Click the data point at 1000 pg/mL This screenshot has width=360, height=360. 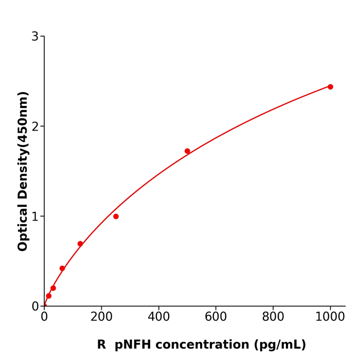click(330, 87)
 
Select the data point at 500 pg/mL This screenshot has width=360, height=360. click(187, 151)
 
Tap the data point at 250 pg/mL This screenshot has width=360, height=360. click(116, 217)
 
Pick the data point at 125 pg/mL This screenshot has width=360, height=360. click(80, 244)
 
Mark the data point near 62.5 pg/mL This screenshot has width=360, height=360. click(62, 268)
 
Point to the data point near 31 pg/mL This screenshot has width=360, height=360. click(53, 288)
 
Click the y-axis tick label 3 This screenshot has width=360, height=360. click(35, 37)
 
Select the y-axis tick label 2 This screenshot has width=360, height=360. click(35, 127)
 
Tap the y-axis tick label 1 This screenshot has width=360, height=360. click(35, 217)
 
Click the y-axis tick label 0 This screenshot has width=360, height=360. click(35, 307)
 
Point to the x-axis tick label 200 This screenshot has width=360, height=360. click(101, 317)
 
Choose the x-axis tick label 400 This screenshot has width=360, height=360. click(158, 317)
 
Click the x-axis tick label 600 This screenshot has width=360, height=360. click(215, 317)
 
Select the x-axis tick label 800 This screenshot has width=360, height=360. click(273, 317)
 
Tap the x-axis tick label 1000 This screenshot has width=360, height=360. click(330, 317)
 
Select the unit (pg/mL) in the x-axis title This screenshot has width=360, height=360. click(279, 345)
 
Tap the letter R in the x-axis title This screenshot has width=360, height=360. click(101, 345)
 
